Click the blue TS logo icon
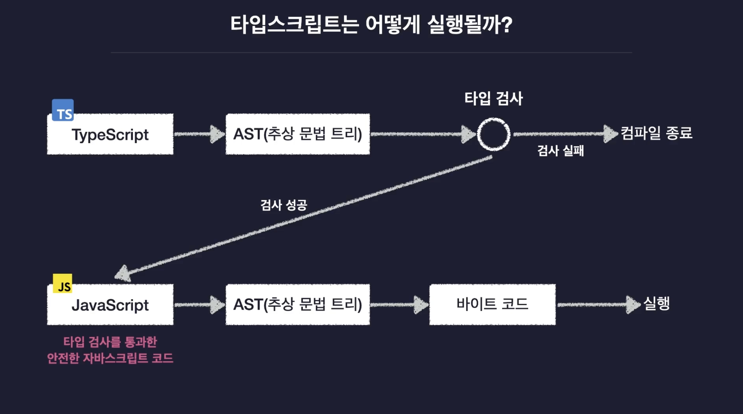coord(63,110)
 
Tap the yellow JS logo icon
coord(62,283)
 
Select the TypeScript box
coord(110,134)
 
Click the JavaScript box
coord(110,305)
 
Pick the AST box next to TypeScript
coord(298,134)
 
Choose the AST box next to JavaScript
coord(298,305)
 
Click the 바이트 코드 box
coord(492,305)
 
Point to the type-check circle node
coord(494,134)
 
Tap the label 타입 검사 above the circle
coord(494,99)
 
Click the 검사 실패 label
coord(561,151)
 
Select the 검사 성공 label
coord(284,205)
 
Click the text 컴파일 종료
coord(656,133)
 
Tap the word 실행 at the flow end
coord(656,304)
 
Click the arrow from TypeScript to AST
coord(199,134)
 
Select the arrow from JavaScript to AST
coord(199,305)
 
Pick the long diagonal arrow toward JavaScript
coord(303,218)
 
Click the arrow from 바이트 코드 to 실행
coord(598,305)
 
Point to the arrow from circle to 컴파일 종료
coord(565,134)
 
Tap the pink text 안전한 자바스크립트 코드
coord(110,358)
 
